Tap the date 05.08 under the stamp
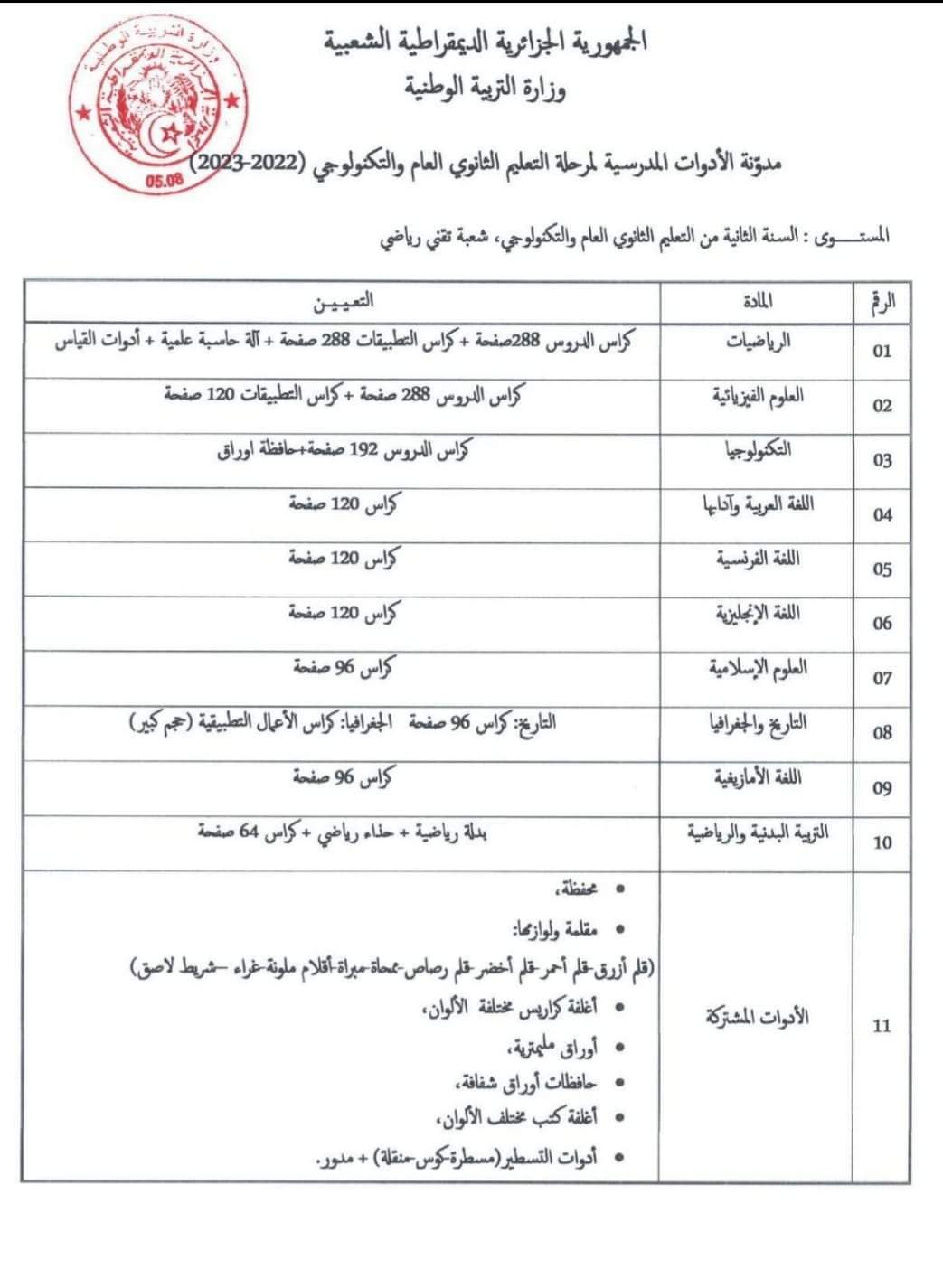pos(164,180)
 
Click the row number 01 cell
pos(882,352)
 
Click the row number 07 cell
pos(882,679)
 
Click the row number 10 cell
pos(882,842)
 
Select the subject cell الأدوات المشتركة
pos(758,1017)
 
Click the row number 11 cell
pos(882,1026)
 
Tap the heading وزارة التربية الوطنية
pos(486,89)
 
